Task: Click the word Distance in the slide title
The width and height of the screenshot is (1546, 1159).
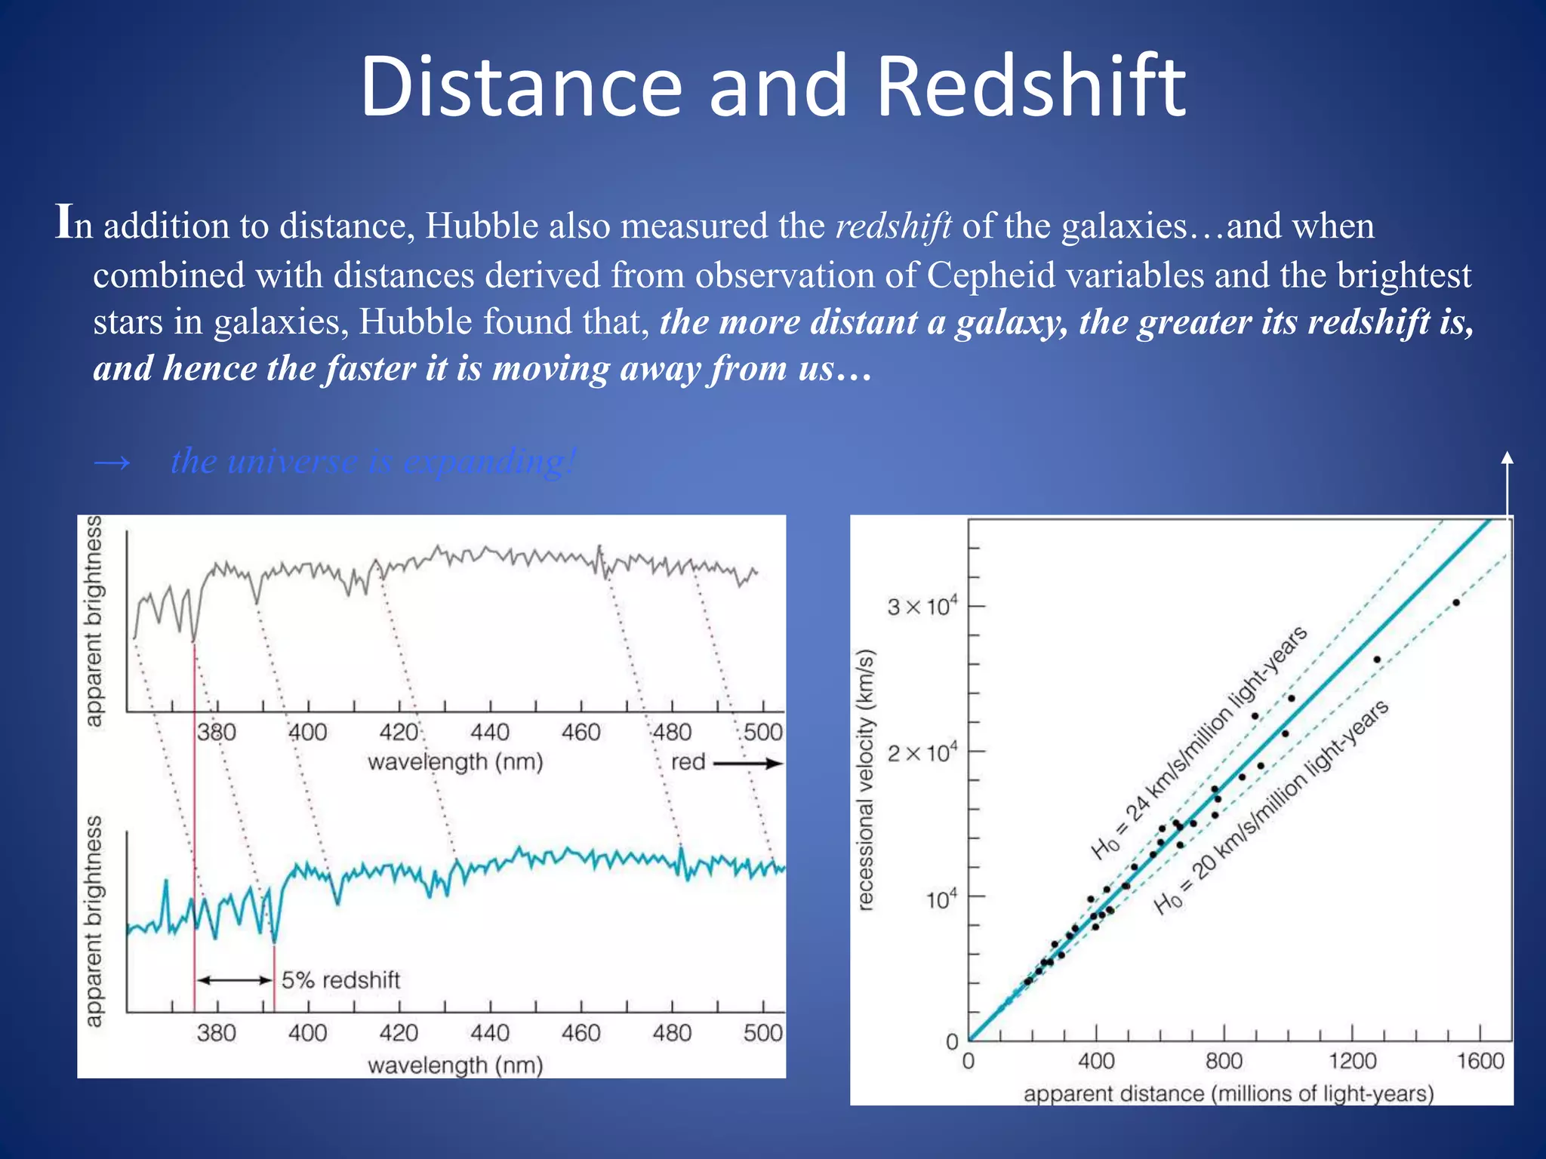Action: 521,87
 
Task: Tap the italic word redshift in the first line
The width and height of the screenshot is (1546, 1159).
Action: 893,226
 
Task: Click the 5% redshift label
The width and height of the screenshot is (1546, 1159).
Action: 340,980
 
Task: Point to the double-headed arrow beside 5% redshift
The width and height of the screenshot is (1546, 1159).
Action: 234,980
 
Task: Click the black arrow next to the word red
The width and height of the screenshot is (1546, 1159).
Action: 747,764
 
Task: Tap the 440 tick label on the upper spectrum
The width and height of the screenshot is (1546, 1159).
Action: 490,732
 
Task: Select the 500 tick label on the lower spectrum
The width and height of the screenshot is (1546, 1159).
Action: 762,1032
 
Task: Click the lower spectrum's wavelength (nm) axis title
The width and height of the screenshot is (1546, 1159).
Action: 455,1065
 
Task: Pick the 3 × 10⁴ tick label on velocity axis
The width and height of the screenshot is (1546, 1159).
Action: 922,606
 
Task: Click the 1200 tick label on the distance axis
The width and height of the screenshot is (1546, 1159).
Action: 1352,1061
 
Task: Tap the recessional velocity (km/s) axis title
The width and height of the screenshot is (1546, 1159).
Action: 866,779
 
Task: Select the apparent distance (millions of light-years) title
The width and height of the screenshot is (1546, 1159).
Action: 1228,1093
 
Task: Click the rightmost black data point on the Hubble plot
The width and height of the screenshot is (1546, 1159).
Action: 1456,602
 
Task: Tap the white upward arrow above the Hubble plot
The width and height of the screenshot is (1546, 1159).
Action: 1507,483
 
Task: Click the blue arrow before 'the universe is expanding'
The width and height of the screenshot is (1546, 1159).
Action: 112,462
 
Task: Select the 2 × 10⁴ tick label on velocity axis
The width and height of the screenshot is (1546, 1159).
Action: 922,752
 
